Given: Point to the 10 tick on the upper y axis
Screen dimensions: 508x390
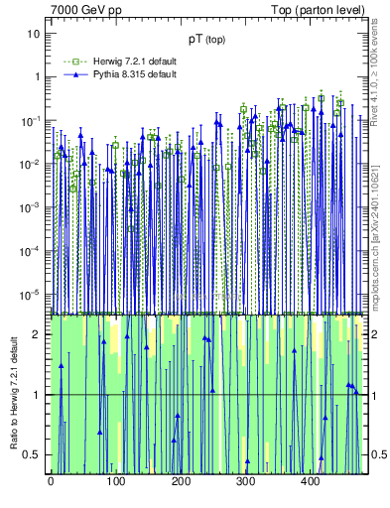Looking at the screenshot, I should (x=34, y=33).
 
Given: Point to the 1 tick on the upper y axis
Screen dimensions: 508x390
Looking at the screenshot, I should (x=36, y=76).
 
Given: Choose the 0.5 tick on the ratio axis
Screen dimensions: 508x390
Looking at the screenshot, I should (x=33, y=454).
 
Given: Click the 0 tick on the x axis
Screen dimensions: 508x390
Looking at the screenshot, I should (x=51, y=482).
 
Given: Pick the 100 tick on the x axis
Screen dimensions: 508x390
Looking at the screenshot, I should (x=115, y=482).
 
